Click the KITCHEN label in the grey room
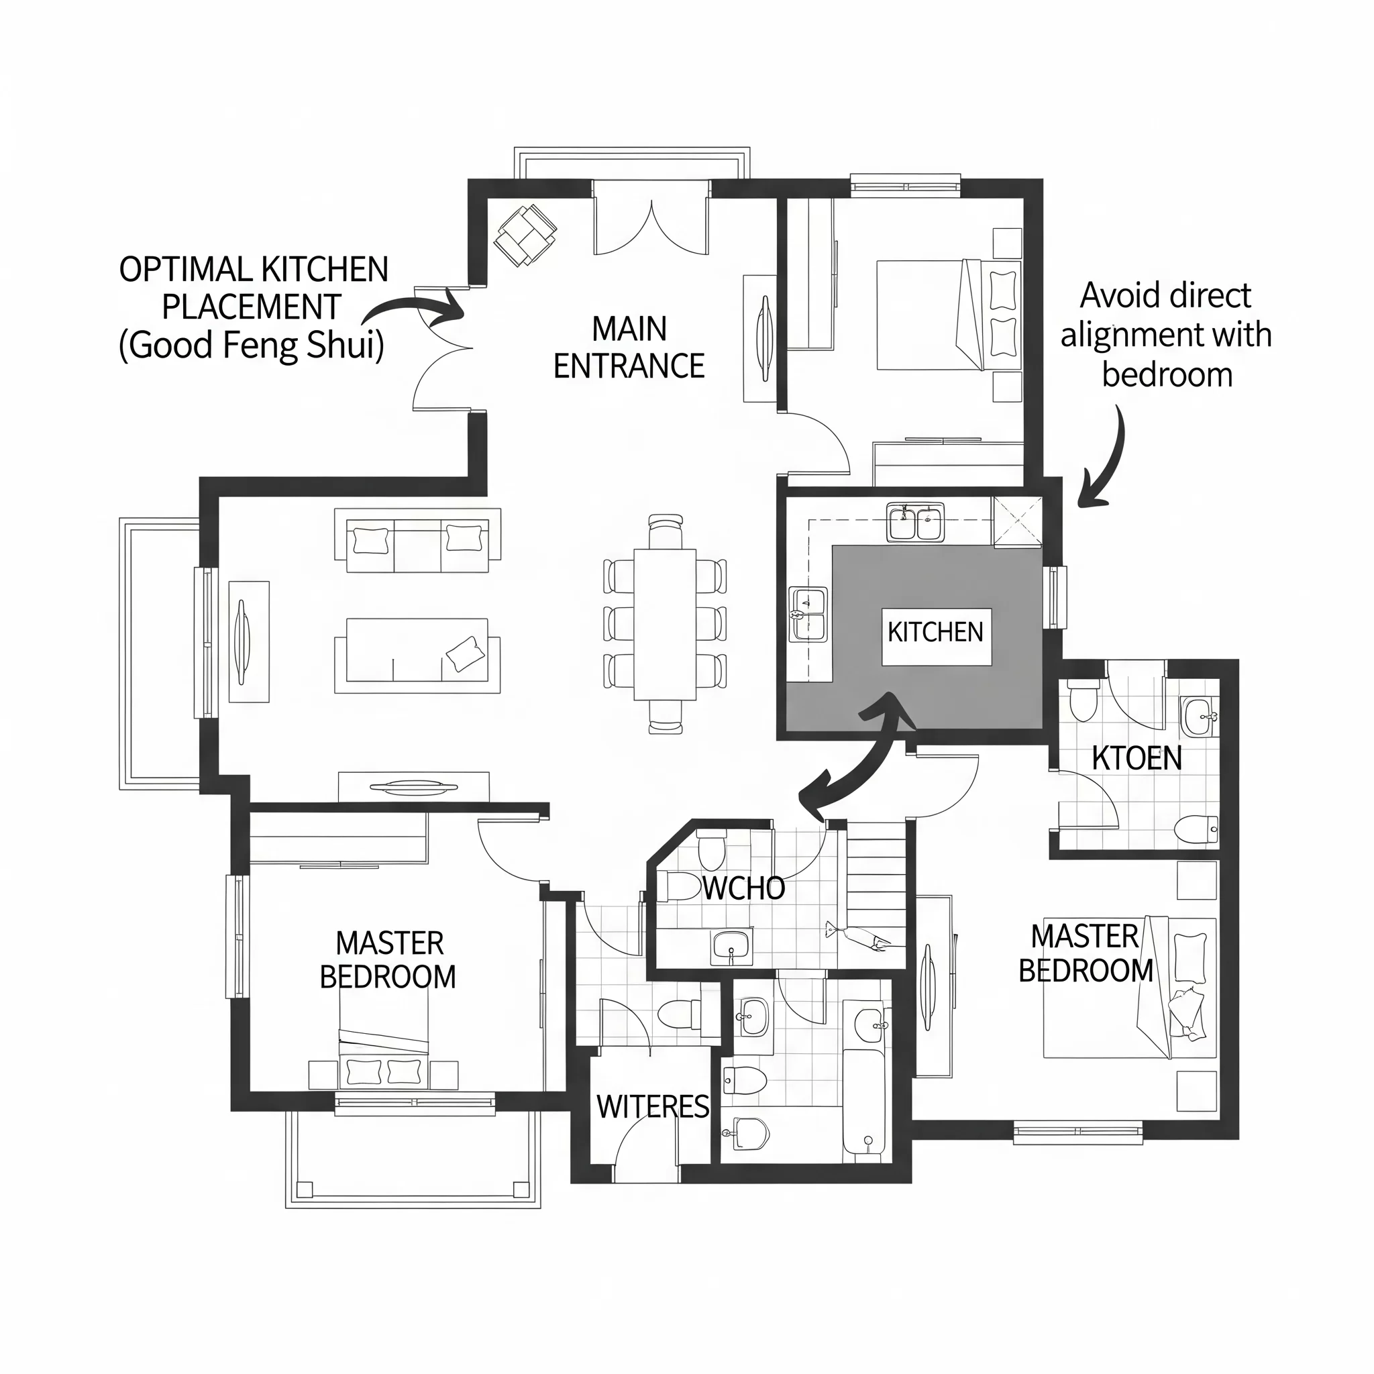[x=935, y=631]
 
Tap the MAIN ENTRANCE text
[x=629, y=348]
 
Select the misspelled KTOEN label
[x=1137, y=758]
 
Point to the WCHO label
[x=744, y=888]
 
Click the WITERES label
[x=653, y=1106]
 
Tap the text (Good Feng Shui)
[x=251, y=346]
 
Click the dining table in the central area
[x=665, y=624]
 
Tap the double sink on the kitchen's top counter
[x=915, y=522]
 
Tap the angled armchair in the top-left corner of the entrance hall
[x=525, y=235]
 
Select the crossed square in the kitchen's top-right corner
[x=1017, y=522]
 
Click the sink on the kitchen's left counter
[x=808, y=614]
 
